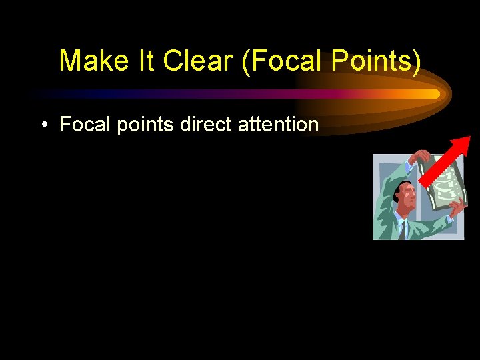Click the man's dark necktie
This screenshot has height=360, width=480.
click(402, 230)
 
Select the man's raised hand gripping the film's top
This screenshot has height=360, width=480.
click(419, 158)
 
